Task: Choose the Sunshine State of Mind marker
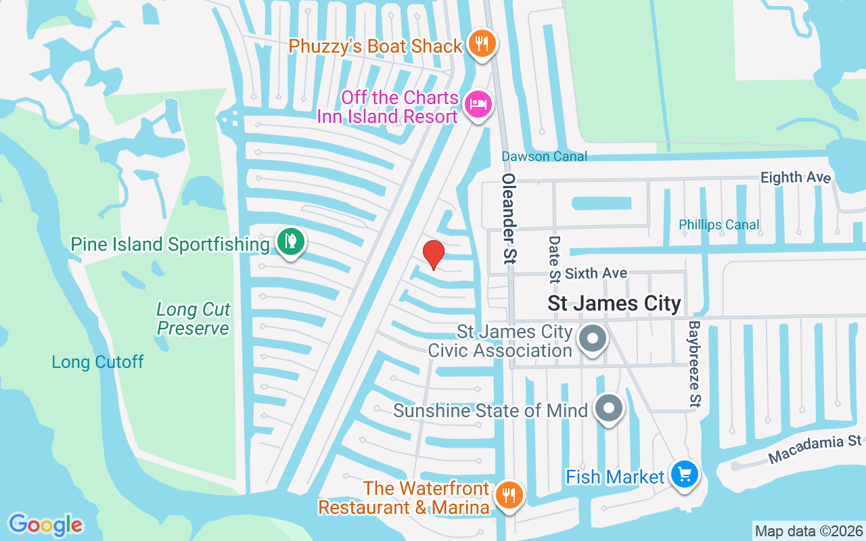[x=608, y=408]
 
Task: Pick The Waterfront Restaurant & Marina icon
[x=507, y=496]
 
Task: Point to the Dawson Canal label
[x=544, y=157]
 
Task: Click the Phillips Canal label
[x=719, y=225]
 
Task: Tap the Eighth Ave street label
[x=795, y=177]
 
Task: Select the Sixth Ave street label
[x=596, y=273]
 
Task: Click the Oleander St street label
[x=509, y=218]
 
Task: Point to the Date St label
[x=555, y=250]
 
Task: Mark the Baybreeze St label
[x=694, y=363]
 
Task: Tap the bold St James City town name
[x=614, y=303]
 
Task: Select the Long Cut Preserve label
[x=193, y=319]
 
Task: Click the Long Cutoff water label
[x=98, y=362]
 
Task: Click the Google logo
[x=45, y=525]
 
